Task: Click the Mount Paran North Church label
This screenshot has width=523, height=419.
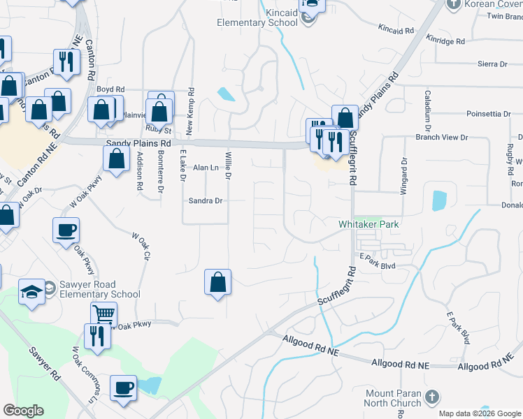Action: pos(394,398)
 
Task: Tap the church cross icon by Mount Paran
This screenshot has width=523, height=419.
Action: pos(432,397)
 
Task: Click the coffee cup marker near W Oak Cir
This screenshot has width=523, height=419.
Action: pos(66,230)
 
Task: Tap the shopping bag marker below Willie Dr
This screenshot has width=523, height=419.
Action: pos(218,282)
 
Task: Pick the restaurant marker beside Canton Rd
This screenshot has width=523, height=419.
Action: pos(66,61)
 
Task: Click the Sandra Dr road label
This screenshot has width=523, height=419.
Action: pos(206,200)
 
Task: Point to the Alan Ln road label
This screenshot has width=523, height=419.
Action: pos(206,168)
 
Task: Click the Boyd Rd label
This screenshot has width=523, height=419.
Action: pos(110,89)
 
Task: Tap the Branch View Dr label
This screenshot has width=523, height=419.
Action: pos(441,137)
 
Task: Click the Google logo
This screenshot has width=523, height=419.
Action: pos(23,411)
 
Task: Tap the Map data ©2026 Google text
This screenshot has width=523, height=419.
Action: pos(479,413)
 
